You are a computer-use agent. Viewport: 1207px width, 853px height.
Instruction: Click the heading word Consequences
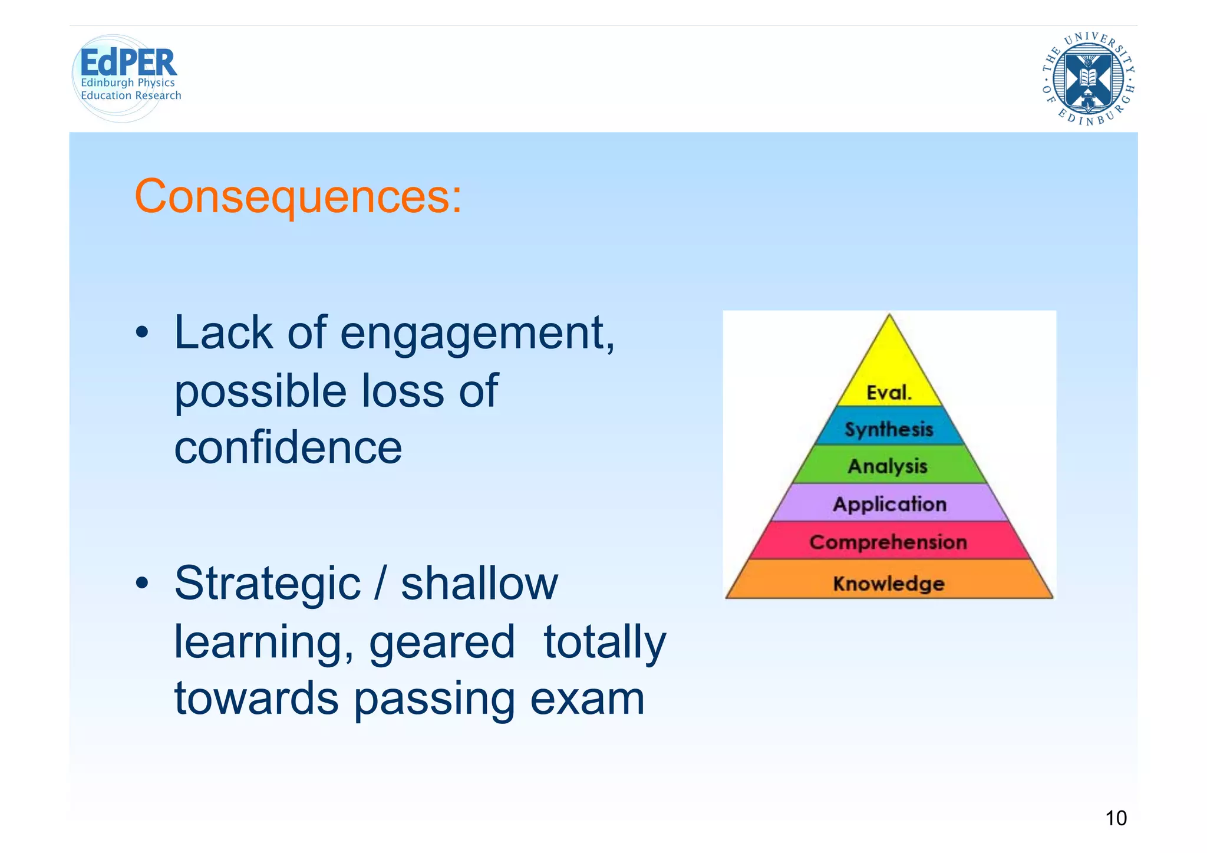298,196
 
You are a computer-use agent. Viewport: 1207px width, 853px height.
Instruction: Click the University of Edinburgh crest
1089,78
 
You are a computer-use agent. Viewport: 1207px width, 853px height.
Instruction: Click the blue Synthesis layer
889,428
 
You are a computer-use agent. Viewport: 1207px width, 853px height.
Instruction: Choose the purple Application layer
889,503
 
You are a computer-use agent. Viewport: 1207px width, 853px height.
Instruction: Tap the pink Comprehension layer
888,541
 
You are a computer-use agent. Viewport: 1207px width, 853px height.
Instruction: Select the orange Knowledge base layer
889,582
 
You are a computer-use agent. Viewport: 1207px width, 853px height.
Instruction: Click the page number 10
1116,818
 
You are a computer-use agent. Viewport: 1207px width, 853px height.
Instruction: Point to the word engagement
477,334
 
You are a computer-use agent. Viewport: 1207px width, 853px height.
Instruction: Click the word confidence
288,447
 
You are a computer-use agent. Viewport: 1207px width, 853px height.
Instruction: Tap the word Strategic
267,583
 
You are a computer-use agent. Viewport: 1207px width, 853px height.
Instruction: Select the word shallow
479,583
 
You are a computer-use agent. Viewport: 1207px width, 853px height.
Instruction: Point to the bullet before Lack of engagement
142,334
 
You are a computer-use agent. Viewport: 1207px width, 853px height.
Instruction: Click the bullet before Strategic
142,584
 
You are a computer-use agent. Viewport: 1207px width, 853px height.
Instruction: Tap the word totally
604,642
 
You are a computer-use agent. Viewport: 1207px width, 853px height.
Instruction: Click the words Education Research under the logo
131,95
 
